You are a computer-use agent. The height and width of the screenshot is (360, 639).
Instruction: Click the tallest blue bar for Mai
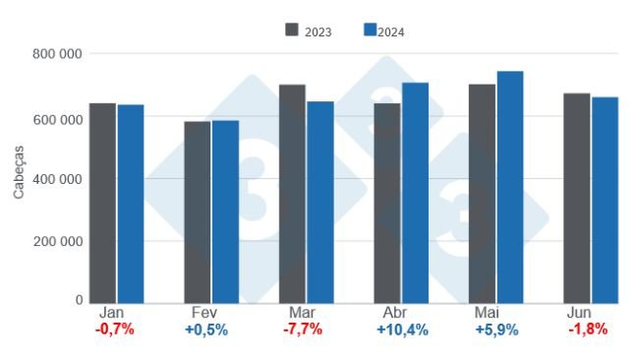[510, 187]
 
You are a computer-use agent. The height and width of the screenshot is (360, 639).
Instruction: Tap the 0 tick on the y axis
[79, 300]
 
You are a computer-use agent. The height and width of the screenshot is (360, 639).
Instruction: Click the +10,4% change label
[401, 330]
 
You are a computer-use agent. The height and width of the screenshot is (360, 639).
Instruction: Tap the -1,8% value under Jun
[588, 330]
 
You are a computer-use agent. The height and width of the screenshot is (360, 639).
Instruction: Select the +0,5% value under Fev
[206, 330]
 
